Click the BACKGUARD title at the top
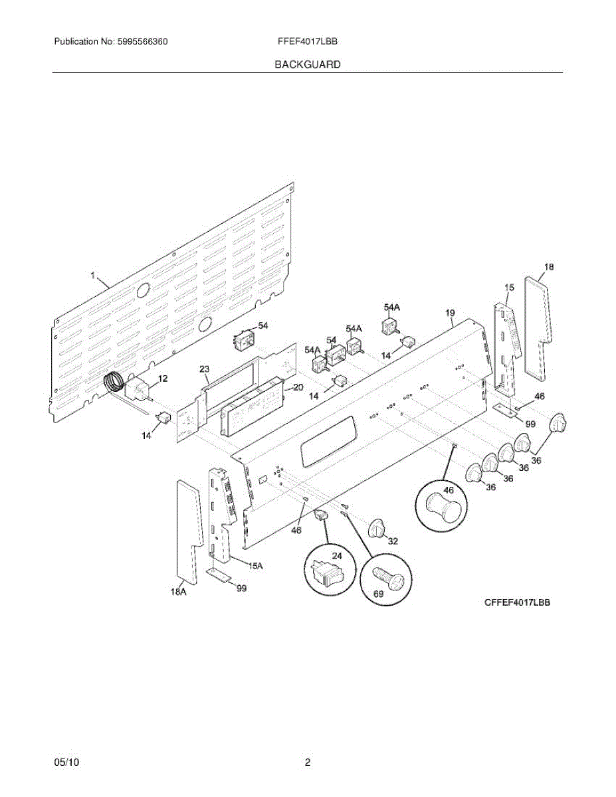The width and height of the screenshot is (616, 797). point(308,64)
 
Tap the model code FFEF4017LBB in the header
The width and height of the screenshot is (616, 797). point(308,41)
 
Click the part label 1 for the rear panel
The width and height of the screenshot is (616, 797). point(94,274)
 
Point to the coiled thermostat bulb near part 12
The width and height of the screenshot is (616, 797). point(113,383)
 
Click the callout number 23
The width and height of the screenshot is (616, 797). point(204,369)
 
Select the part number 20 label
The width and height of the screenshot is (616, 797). point(298,387)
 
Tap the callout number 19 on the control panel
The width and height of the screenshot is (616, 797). point(450,313)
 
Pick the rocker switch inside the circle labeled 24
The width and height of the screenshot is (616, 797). point(325,571)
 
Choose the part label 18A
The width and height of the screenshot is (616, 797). point(177,592)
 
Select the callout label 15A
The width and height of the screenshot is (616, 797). point(255,566)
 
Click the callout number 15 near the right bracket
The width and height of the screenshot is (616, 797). point(509,288)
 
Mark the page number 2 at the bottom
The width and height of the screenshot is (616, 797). point(308,763)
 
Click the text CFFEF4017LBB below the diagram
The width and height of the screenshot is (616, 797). point(517,602)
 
